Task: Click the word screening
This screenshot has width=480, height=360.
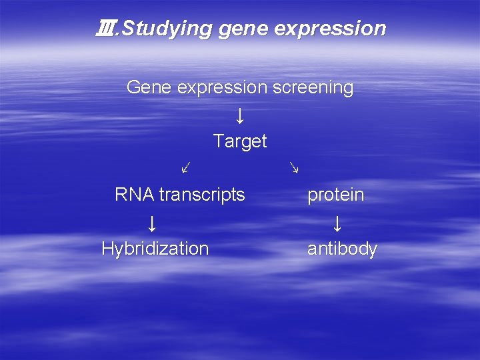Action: coord(313,88)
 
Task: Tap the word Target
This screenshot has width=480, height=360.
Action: coord(240,141)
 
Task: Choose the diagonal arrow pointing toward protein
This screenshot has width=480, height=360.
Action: coord(293,167)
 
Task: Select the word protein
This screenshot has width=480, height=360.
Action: coord(335,195)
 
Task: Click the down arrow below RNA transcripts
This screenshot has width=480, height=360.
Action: coord(153,222)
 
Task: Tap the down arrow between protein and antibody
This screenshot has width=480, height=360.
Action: coord(337,222)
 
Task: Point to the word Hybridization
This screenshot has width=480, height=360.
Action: coord(155,249)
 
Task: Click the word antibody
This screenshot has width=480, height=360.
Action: coord(342,249)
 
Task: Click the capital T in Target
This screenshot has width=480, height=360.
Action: coord(218,141)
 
